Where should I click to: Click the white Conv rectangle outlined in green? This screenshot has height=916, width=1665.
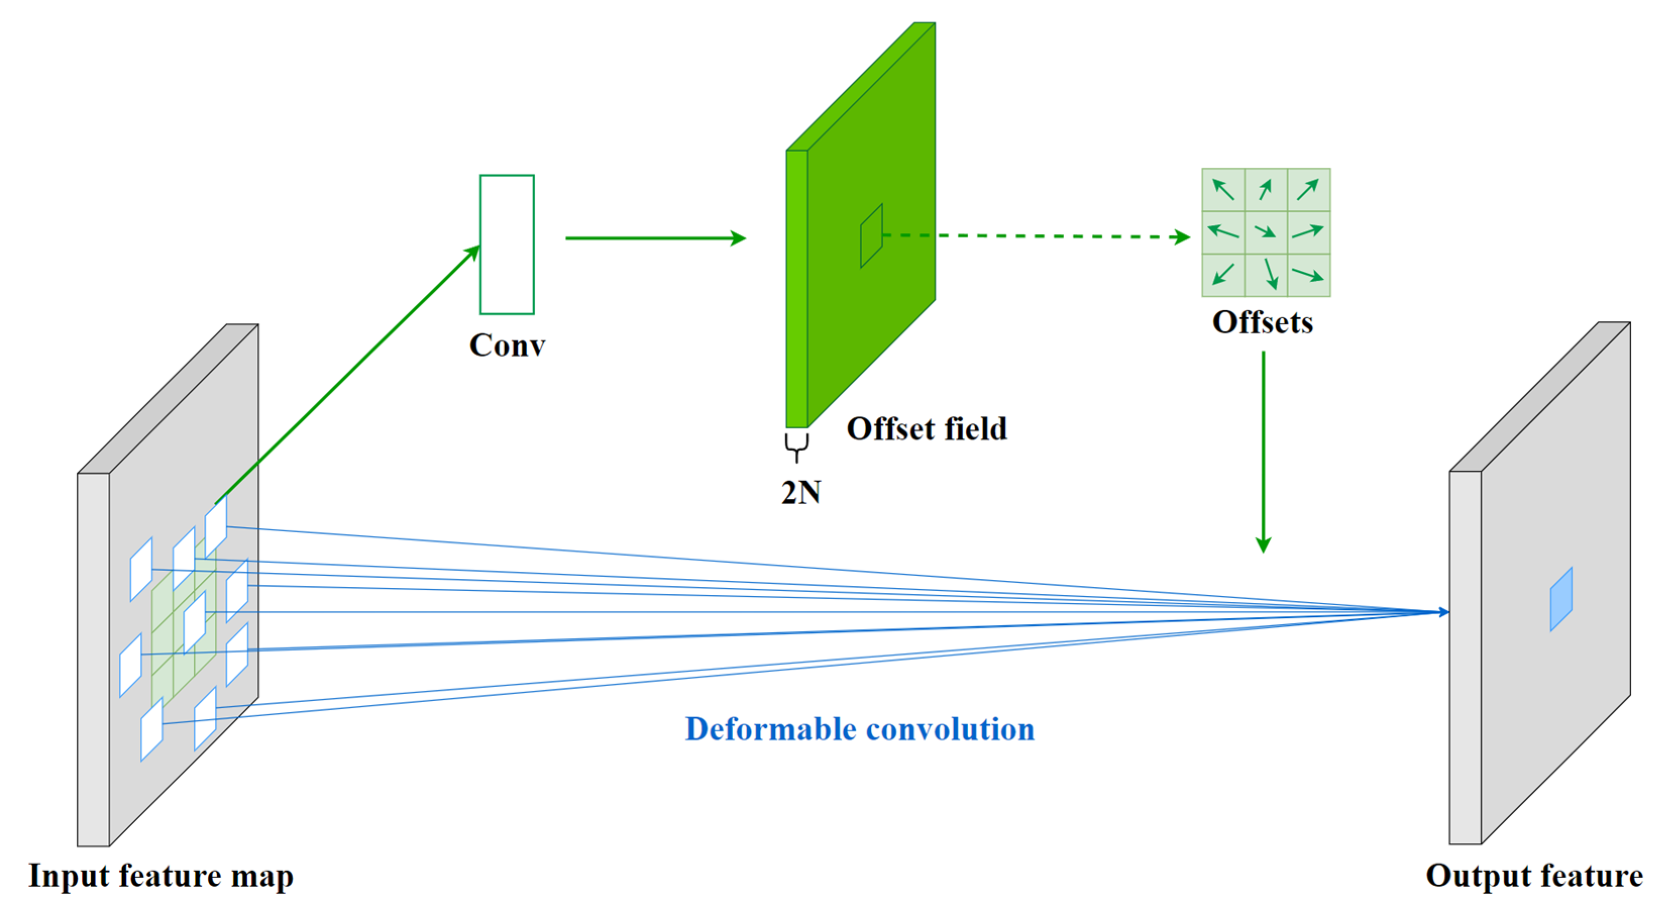[507, 244]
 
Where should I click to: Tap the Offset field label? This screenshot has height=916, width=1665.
[926, 429]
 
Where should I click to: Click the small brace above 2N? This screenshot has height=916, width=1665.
[796, 446]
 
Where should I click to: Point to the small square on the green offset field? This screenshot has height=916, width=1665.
[871, 236]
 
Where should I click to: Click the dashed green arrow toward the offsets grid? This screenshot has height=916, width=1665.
[1034, 236]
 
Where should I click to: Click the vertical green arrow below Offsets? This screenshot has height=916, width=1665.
[1263, 452]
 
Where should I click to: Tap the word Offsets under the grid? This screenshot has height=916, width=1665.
[1262, 322]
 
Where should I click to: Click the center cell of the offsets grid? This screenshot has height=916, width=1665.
[1265, 232]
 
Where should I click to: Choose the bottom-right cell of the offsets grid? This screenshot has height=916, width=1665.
[1308, 275]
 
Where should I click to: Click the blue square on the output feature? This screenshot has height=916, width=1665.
[1561, 599]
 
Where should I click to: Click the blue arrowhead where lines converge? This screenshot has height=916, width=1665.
[1444, 612]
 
